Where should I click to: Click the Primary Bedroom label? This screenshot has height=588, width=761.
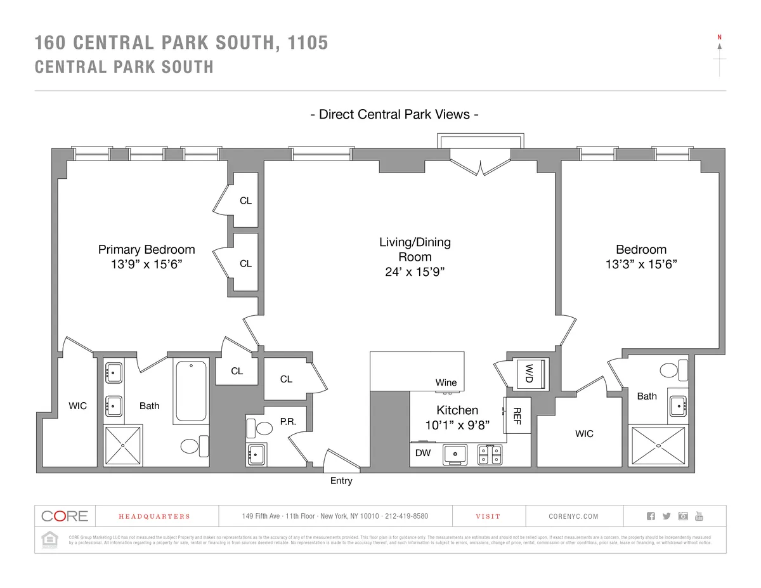click(146, 249)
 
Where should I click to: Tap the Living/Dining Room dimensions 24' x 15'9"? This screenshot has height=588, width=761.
click(415, 271)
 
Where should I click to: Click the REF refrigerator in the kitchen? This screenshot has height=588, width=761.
click(516, 415)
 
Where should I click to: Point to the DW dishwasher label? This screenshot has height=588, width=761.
click(423, 453)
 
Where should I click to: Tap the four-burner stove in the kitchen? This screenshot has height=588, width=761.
click(490, 454)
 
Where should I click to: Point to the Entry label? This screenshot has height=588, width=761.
click(341, 481)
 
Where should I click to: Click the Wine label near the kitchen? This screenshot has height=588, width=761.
click(446, 382)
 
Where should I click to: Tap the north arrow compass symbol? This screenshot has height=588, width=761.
click(719, 48)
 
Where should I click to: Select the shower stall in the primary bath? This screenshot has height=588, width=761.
click(124, 447)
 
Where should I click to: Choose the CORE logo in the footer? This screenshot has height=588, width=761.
click(65, 516)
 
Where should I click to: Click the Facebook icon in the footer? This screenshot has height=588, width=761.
click(650, 516)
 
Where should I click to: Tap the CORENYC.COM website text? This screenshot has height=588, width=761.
click(573, 516)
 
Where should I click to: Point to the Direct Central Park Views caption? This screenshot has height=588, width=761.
click(393, 114)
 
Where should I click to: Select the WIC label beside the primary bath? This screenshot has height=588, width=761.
click(78, 406)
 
